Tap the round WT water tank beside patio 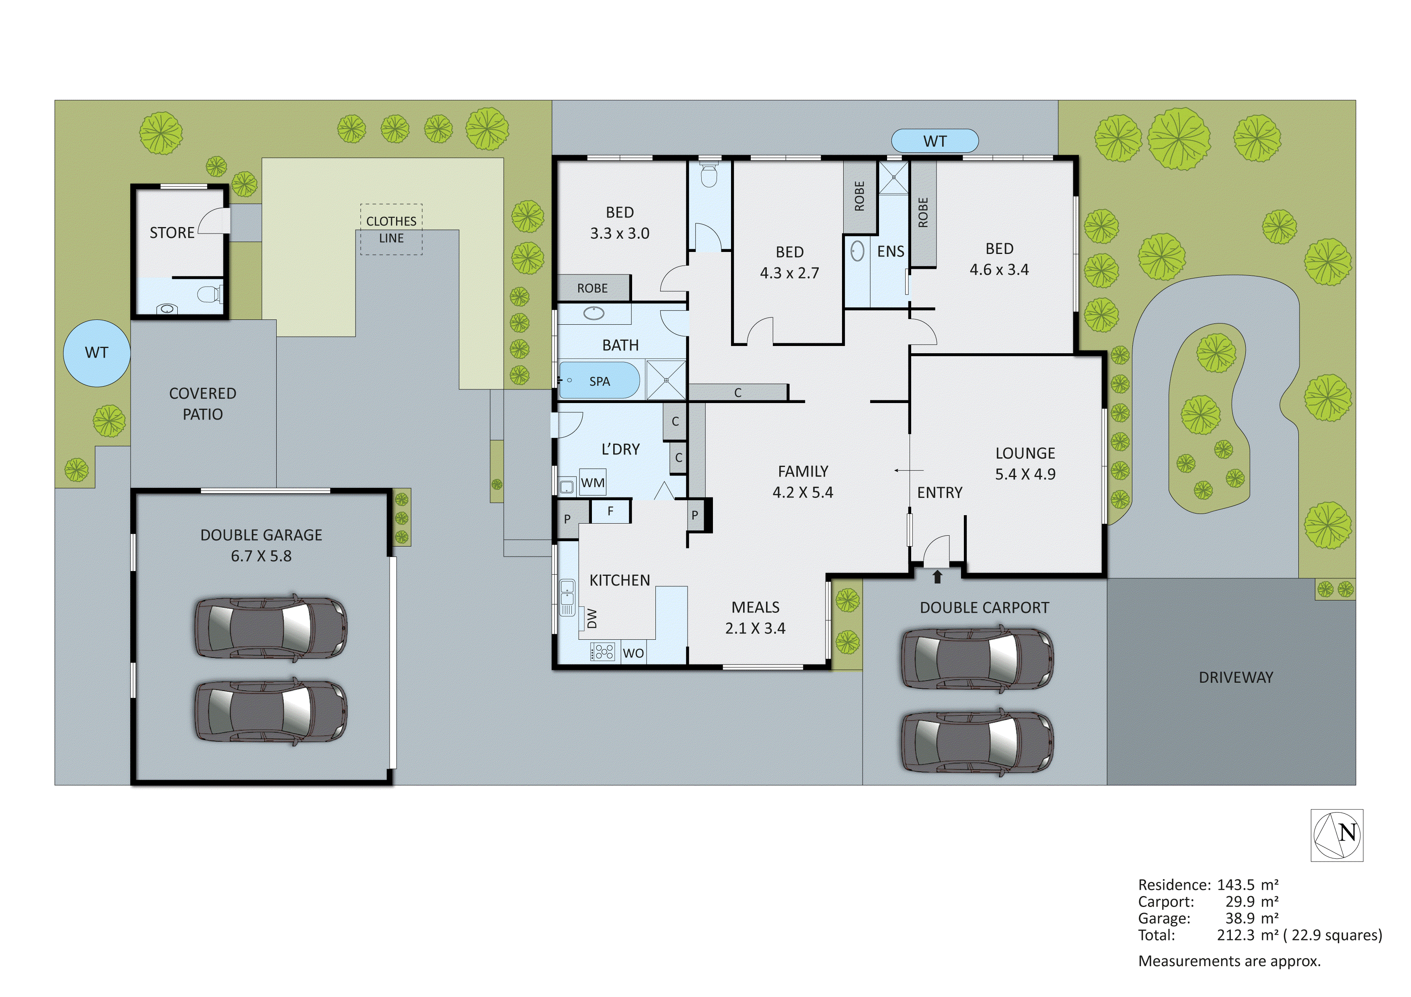point(97,353)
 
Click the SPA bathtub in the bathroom point(599,381)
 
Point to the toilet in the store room point(209,294)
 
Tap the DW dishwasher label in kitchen point(592,618)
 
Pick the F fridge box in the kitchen point(610,511)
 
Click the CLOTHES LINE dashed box point(392,229)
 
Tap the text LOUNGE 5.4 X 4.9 point(1025,464)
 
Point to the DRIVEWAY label point(1235,678)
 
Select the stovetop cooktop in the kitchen point(603,652)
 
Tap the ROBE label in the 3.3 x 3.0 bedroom point(592,288)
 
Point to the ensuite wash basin point(857,251)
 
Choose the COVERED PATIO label point(202,403)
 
